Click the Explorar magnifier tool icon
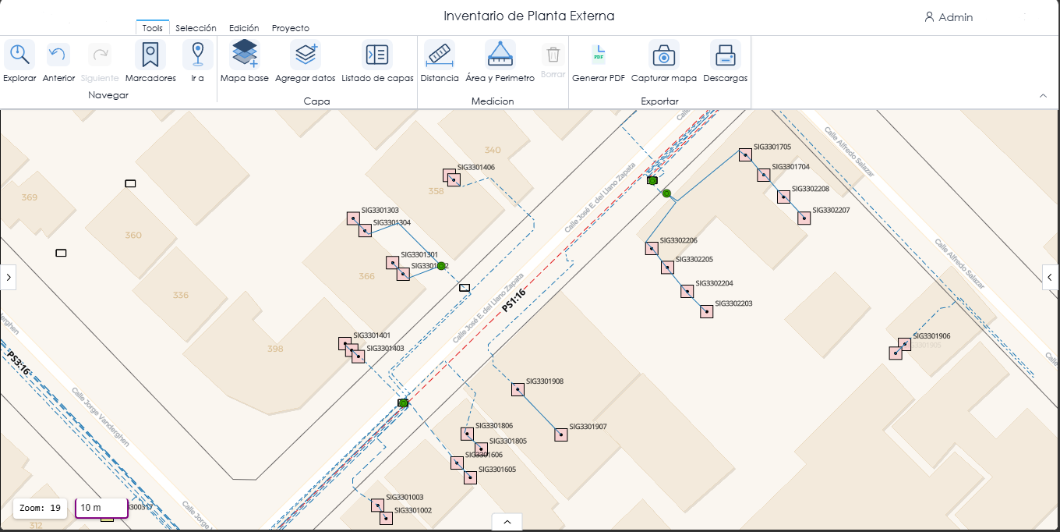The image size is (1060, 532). click(x=19, y=55)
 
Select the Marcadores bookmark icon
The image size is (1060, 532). click(x=150, y=55)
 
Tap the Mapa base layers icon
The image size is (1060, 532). click(x=244, y=55)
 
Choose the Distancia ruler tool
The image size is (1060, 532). click(x=440, y=55)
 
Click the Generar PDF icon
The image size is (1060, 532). click(x=599, y=55)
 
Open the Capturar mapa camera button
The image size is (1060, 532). click(x=663, y=55)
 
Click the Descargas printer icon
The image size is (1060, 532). click(x=725, y=55)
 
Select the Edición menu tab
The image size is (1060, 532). click(x=244, y=28)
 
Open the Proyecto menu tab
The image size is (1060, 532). click(x=290, y=28)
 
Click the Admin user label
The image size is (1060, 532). click(x=955, y=17)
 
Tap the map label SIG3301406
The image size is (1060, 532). click(x=475, y=167)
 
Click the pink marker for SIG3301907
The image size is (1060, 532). click(x=561, y=434)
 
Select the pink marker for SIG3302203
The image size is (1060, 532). click(x=706, y=311)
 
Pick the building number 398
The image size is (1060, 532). click(x=275, y=349)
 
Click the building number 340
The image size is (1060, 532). click(x=493, y=150)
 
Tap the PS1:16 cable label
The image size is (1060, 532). click(x=513, y=300)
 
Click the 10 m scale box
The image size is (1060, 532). click(x=101, y=508)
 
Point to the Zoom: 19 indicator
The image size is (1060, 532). click(x=41, y=508)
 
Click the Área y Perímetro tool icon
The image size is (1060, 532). click(x=500, y=55)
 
